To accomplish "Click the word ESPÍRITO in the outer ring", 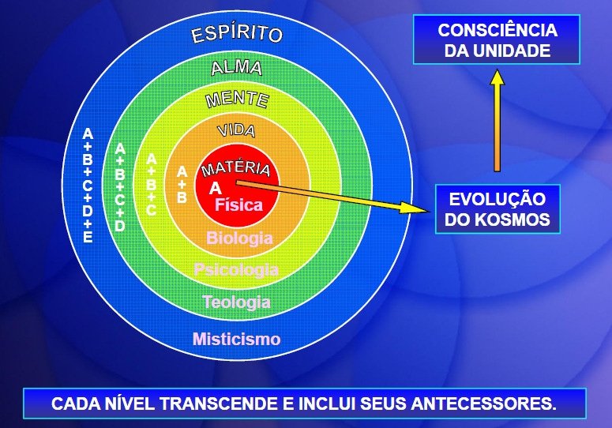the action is [x=237, y=33].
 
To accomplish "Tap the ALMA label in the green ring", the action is [x=237, y=68].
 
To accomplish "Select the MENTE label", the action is [x=238, y=99].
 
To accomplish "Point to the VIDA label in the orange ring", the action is [x=237, y=131].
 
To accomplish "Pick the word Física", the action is [x=238, y=205].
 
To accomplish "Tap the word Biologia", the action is [x=239, y=238].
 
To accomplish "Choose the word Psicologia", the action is [x=236, y=269].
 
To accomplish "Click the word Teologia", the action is [x=236, y=302].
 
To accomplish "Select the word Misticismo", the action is [x=237, y=339].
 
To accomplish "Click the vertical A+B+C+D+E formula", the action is [x=88, y=186].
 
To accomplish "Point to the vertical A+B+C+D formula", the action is [x=120, y=187].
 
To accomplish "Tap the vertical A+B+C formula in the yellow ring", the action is [x=151, y=185].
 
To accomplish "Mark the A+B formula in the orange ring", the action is [x=182, y=185].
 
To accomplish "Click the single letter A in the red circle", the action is [x=215, y=189].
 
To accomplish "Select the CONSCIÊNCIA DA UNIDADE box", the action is [x=497, y=39].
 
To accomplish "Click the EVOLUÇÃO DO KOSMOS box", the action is [x=497, y=209].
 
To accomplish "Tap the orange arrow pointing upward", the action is [x=497, y=120].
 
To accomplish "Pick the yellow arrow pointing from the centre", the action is [x=332, y=197].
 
